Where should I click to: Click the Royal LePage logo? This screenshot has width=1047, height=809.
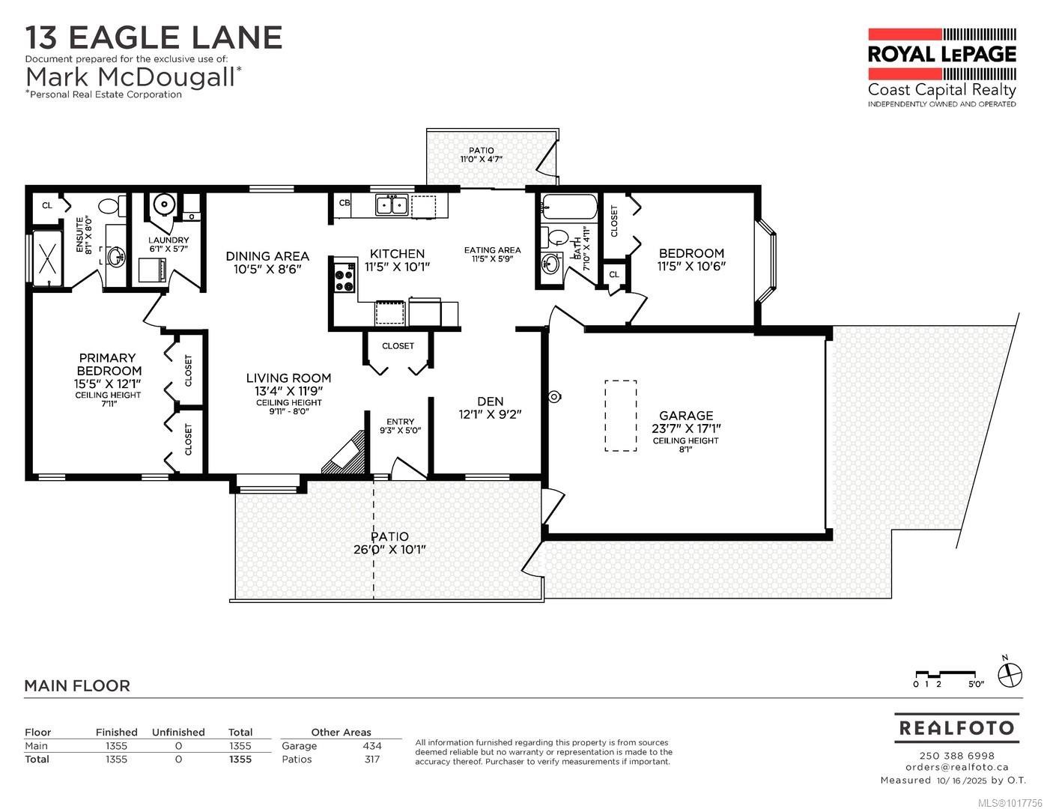coord(941,67)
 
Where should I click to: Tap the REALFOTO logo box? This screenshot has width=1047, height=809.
coord(956,727)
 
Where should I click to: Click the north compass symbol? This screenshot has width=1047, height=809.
coord(1010,673)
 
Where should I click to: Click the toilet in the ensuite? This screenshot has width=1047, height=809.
coord(109,204)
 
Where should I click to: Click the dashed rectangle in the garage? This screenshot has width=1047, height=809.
coord(620,416)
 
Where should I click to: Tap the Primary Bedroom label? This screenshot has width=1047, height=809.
coord(108,365)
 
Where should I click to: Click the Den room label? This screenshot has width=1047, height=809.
coord(490,402)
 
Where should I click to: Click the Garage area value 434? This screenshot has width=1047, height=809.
coord(371,745)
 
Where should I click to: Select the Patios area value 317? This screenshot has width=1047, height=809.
coord(371,759)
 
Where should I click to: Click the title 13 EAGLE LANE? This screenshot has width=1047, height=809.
coord(154,37)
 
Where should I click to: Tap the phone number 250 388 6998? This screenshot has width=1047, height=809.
coord(956,755)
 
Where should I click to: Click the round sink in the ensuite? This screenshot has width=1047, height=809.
coord(116,258)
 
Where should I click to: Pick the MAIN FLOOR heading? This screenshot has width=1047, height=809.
coord(77,685)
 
